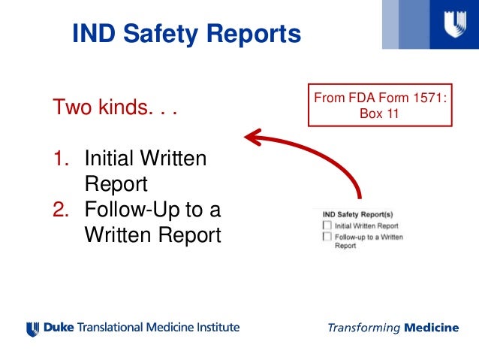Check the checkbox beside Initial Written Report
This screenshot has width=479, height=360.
click(327, 225)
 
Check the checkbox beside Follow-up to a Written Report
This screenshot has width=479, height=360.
click(327, 236)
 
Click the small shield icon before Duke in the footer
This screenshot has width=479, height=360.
click(32, 328)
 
